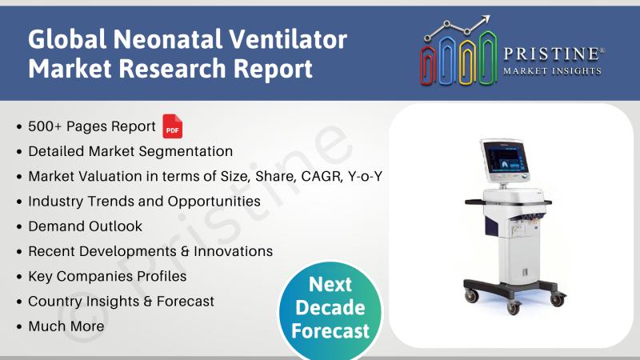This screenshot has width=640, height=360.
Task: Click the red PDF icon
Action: (x=172, y=126)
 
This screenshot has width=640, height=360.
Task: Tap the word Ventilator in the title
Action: (x=287, y=39)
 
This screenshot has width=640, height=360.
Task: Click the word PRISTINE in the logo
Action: (x=551, y=54)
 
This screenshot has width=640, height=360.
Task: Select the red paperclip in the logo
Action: (x=428, y=66)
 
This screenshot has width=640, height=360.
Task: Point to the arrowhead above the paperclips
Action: (x=486, y=19)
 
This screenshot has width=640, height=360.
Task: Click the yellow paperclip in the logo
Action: (x=467, y=62)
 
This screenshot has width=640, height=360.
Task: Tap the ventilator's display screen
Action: (x=505, y=158)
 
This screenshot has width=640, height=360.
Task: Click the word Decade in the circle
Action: (x=330, y=307)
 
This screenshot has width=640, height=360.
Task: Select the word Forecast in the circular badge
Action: (x=330, y=330)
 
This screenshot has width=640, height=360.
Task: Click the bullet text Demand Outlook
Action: (x=86, y=226)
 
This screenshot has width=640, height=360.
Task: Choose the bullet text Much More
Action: (x=66, y=326)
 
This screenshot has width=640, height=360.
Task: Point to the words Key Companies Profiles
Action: (x=107, y=276)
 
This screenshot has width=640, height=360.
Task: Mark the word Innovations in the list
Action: (x=233, y=251)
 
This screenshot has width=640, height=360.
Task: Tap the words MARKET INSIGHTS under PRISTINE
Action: (x=552, y=71)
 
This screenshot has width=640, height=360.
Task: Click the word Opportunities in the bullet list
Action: (x=214, y=202)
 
